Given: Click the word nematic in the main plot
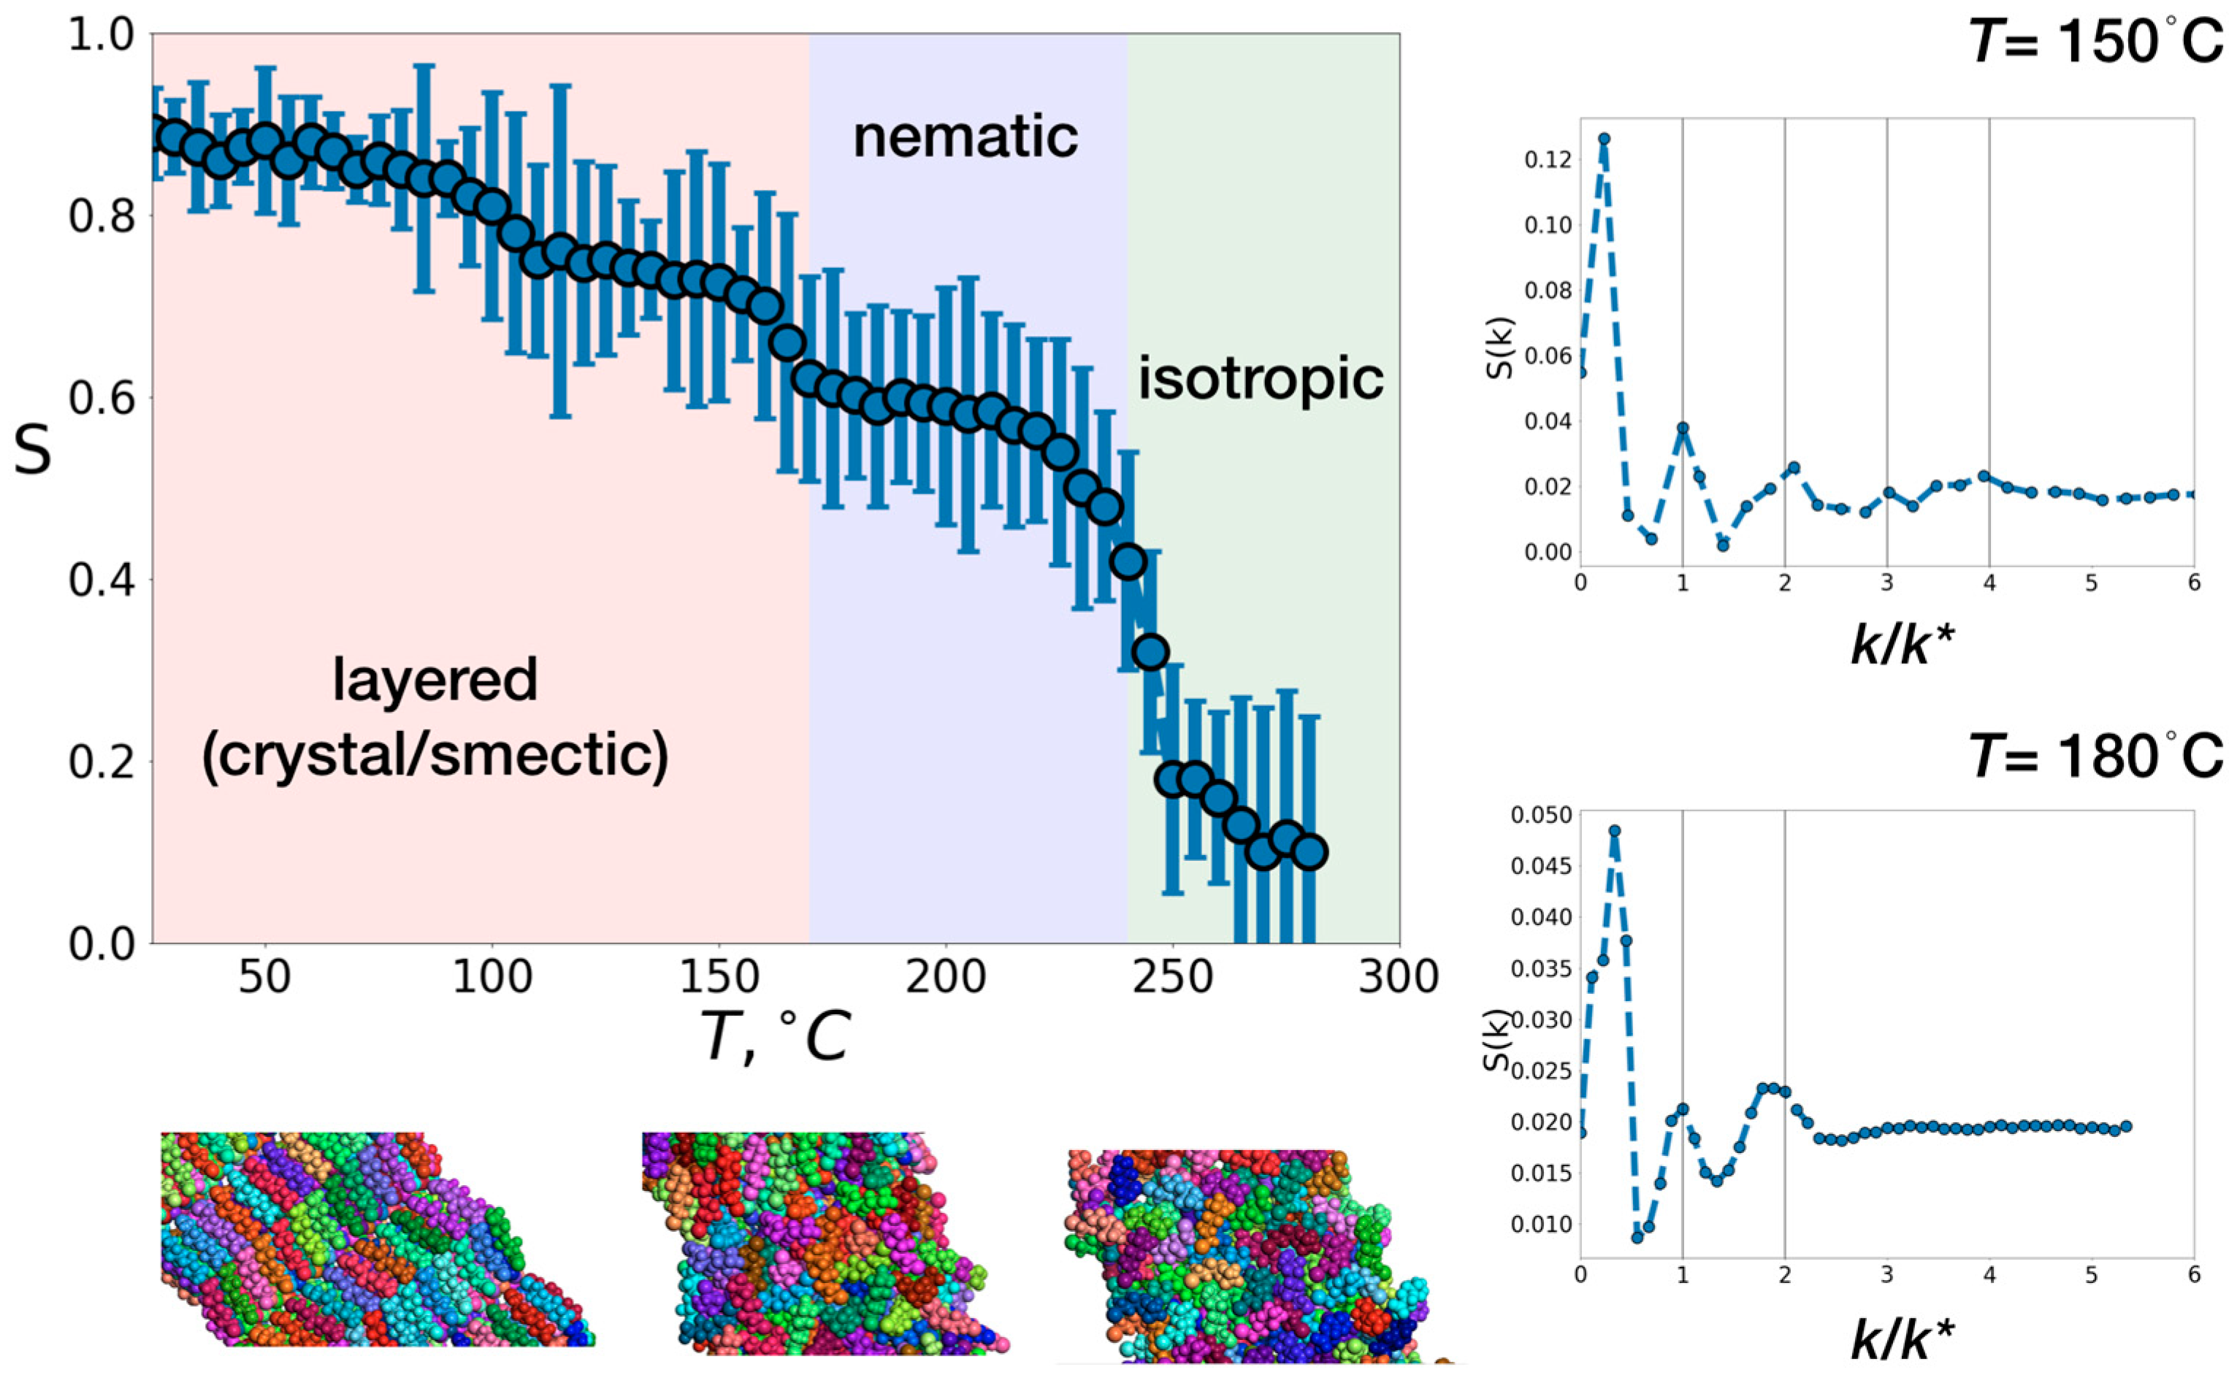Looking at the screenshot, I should coord(965,137).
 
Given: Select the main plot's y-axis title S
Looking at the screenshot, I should coord(33,452).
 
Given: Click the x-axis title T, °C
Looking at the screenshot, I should coord(776,1038).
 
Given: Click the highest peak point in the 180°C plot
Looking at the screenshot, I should coord(1614,830).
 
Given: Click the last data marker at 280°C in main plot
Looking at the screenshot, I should coord(1309,852).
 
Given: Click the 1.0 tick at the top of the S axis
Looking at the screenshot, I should coord(102,37).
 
